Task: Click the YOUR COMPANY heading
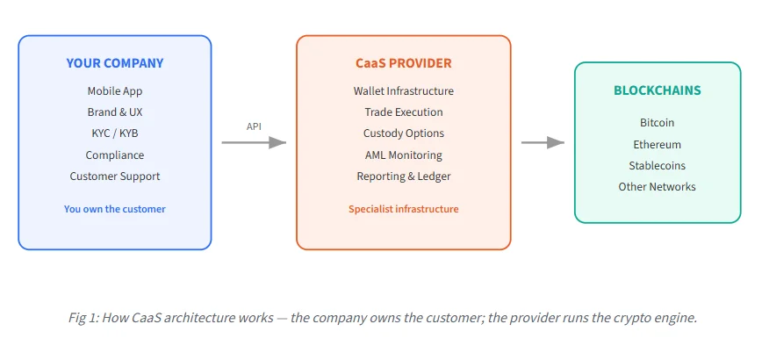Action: (x=115, y=63)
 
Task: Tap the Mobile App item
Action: (x=115, y=91)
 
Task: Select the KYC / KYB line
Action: (x=115, y=133)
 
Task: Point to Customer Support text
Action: (x=115, y=176)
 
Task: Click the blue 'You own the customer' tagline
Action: (x=115, y=209)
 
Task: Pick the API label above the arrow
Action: (x=254, y=126)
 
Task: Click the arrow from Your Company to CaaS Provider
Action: (x=254, y=142)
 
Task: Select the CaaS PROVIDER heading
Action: (x=404, y=63)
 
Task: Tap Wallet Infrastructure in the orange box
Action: (x=404, y=91)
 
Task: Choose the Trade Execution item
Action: (x=404, y=112)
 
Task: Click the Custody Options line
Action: (x=404, y=133)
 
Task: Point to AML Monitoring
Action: (x=404, y=155)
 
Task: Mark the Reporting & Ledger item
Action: (x=404, y=176)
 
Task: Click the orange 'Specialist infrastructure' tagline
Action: (x=404, y=209)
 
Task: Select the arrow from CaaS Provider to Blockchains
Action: (x=543, y=142)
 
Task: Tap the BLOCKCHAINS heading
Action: (x=658, y=90)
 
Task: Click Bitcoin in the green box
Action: (x=658, y=123)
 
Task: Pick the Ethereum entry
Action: (x=658, y=145)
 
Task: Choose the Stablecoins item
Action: (x=658, y=166)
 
